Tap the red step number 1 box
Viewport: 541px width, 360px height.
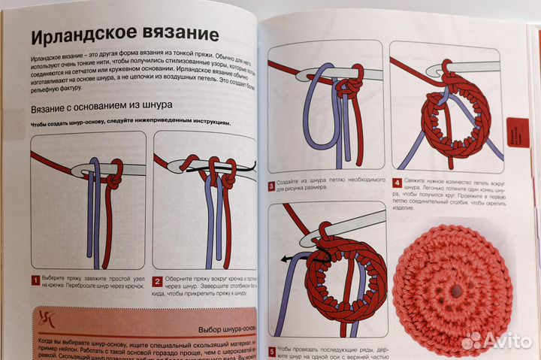pos(35,281)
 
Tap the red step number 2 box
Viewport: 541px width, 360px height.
pos(158,281)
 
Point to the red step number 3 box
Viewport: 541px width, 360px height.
pos(271,185)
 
